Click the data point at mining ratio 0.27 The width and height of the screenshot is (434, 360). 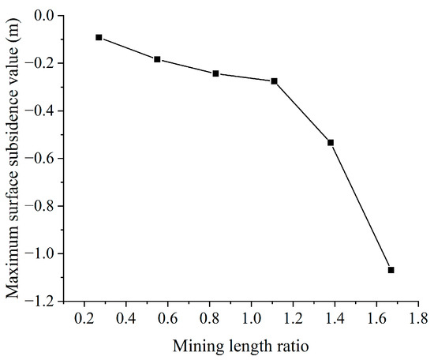pyautogui.click(x=99, y=37)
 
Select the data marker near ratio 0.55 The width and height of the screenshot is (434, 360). pyautogui.click(x=157, y=59)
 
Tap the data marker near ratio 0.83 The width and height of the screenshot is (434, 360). pyautogui.click(x=215, y=73)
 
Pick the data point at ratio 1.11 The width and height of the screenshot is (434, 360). pyautogui.click(x=274, y=81)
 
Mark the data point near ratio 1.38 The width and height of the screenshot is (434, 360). pyautogui.click(x=331, y=143)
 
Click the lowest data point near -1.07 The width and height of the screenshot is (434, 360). pyautogui.click(x=391, y=270)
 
